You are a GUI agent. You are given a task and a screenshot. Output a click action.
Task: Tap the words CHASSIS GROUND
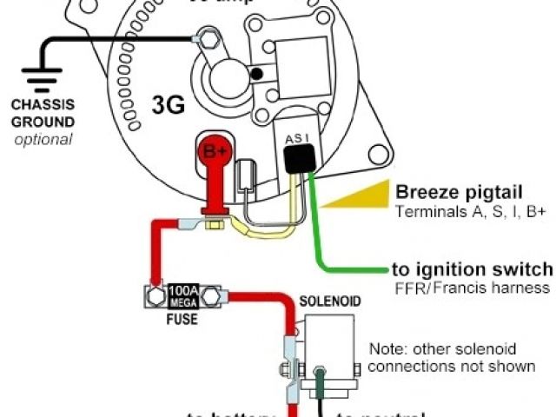[x=43, y=115]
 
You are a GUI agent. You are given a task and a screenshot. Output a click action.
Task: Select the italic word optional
[x=43, y=139]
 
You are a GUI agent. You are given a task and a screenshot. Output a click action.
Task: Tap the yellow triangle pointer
[x=356, y=199]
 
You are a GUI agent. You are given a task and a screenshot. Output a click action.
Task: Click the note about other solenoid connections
[x=452, y=357]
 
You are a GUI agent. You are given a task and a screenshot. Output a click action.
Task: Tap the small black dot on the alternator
[x=255, y=75]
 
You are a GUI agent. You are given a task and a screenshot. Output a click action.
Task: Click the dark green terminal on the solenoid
[x=321, y=381]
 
